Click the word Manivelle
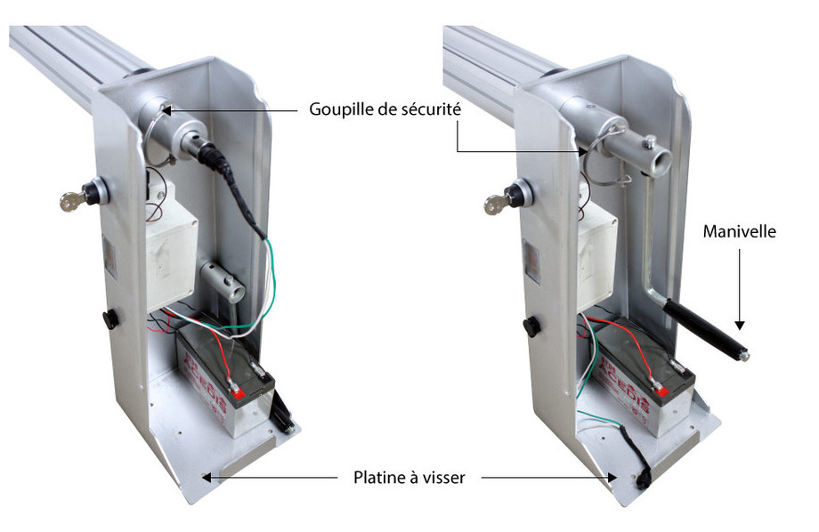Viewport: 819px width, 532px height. pyautogui.click(x=740, y=232)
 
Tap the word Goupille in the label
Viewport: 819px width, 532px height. pyautogui.click(x=339, y=110)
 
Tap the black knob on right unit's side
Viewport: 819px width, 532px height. pyautogui.click(x=531, y=326)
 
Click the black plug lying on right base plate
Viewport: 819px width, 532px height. pyautogui.click(x=641, y=469)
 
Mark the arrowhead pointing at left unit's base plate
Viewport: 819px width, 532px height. pyautogui.click(x=207, y=478)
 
